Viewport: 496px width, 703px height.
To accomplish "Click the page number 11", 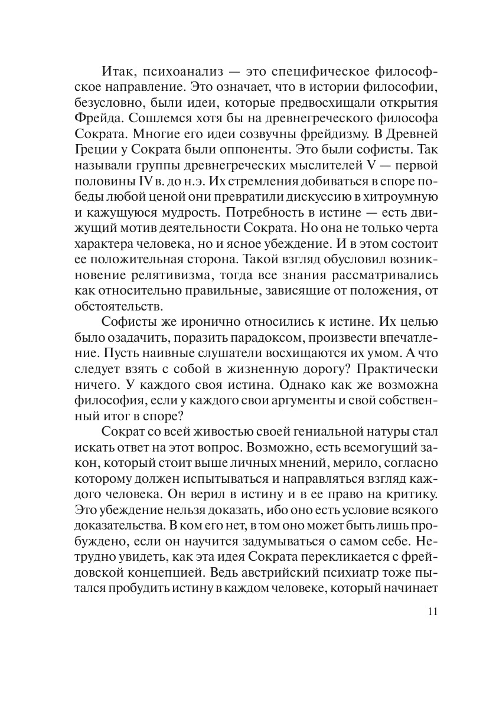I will point(431,611).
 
